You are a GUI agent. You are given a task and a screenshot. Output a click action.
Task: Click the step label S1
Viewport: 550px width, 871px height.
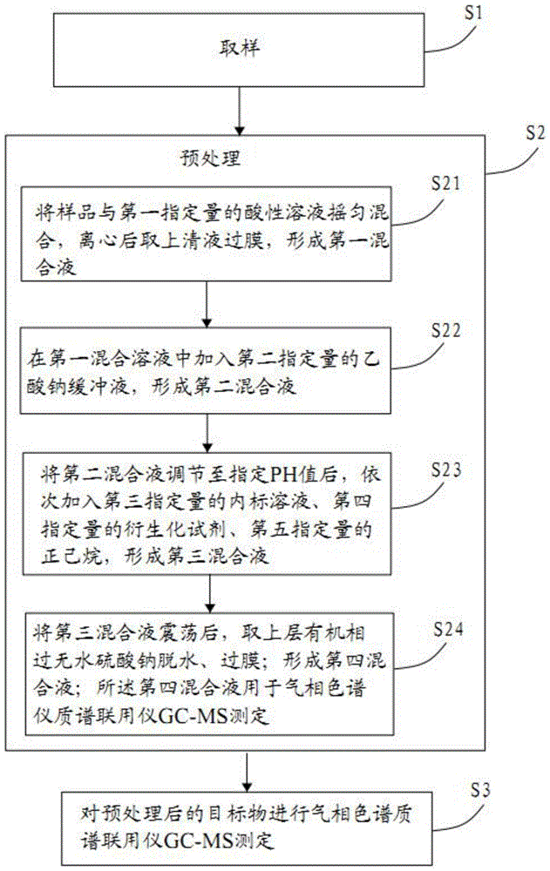click(473, 13)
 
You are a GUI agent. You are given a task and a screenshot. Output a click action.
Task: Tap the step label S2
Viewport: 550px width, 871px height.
click(535, 133)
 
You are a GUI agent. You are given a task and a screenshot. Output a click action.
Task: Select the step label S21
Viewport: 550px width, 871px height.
click(446, 183)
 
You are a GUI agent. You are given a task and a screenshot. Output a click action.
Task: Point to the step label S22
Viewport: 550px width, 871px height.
click(446, 330)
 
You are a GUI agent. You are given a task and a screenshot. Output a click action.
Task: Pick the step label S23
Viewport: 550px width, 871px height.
click(446, 470)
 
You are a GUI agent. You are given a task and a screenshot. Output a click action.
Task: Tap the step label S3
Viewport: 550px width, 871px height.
click(480, 789)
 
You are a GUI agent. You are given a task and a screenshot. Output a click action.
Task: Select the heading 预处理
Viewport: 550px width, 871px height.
click(210, 159)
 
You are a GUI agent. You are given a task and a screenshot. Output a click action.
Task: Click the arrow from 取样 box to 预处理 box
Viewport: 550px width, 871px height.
click(239, 111)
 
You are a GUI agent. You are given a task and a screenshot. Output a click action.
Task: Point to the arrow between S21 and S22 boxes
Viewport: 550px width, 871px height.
click(207, 304)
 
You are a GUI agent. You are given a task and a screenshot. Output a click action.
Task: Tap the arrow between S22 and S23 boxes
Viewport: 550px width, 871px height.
click(207, 433)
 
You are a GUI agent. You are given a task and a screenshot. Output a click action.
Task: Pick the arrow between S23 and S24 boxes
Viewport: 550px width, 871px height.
click(210, 593)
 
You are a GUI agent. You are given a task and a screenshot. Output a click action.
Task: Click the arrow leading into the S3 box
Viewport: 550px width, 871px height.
click(248, 772)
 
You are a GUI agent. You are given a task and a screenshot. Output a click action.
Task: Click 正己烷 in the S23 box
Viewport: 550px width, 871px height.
click(71, 556)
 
